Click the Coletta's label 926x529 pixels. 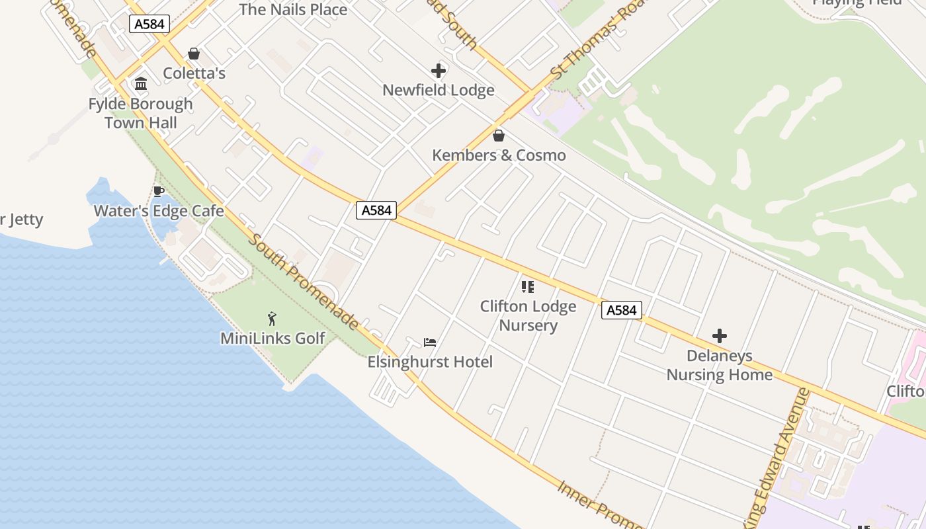click(194, 73)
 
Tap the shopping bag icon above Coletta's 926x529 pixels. click(194, 54)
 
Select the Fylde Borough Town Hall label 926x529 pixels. click(141, 113)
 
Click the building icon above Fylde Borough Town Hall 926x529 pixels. click(141, 84)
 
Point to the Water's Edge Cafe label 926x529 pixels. click(159, 212)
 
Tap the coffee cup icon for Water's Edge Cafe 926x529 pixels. click(159, 192)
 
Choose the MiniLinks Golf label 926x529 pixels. click(273, 339)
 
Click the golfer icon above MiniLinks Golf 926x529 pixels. click(272, 319)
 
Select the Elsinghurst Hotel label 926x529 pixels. click(430, 362)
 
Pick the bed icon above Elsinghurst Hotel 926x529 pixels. click(430, 343)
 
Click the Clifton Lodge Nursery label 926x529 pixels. click(528, 315)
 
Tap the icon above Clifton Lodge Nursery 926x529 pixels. click(528, 287)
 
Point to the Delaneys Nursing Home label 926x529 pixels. click(719, 365)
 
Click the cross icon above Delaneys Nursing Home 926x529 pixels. click(720, 336)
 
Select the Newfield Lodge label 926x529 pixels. click(439, 91)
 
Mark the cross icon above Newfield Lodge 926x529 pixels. click(439, 70)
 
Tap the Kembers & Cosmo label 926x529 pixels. click(499, 155)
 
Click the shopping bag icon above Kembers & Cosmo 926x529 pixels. click(499, 136)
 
